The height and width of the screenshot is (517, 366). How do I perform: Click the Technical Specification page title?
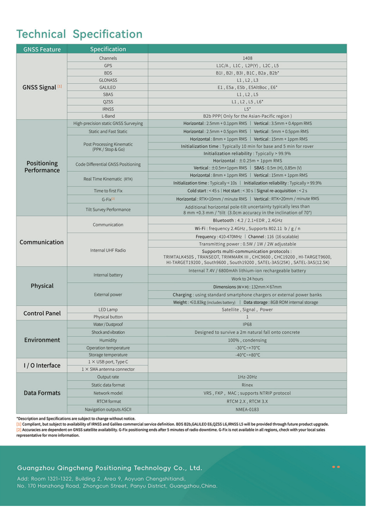click(x=79, y=34)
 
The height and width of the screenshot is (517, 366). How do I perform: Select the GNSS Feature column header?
click(x=42, y=49)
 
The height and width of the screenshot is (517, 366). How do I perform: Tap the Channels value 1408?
click(x=247, y=58)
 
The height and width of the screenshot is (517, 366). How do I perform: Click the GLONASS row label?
click(x=108, y=80)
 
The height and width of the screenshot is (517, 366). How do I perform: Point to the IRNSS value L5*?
click(x=247, y=109)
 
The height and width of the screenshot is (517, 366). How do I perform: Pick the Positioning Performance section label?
click(x=42, y=167)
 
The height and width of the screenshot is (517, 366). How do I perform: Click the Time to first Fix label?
click(x=108, y=191)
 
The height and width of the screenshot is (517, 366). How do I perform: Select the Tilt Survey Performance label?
click(x=108, y=209)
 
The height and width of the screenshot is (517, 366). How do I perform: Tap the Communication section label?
click(x=42, y=242)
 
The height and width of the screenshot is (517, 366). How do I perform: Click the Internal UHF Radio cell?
click(x=108, y=250)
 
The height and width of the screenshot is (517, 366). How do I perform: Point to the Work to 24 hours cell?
click(x=247, y=279)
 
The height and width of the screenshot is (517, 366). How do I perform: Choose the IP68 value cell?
click(x=247, y=324)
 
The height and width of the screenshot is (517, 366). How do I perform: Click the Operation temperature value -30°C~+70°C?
click(x=247, y=348)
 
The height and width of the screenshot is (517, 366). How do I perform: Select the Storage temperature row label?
click(x=108, y=355)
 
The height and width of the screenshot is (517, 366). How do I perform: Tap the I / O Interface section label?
click(x=42, y=366)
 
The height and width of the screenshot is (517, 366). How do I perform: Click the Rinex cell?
click(x=247, y=385)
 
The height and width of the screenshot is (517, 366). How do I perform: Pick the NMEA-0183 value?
click(x=247, y=409)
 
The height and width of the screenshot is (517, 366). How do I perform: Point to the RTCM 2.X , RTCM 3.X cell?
click(x=247, y=401)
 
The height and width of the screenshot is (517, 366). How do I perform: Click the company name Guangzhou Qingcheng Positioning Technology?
click(x=110, y=468)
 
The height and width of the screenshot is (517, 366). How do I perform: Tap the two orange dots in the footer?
click(x=336, y=467)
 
